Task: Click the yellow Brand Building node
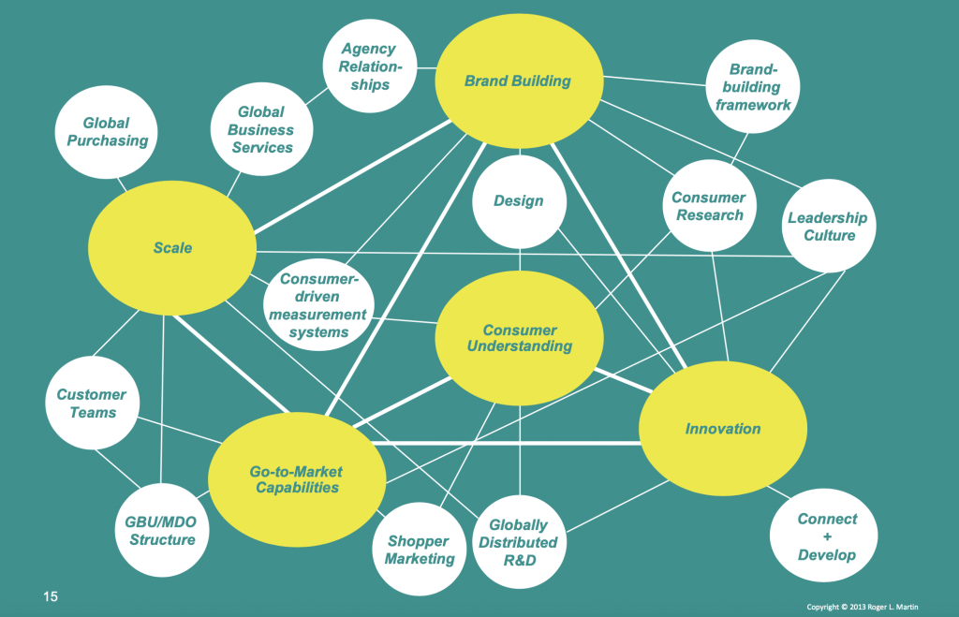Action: click(x=517, y=81)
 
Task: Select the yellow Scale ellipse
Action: click(x=172, y=247)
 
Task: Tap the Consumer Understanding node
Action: click(x=519, y=338)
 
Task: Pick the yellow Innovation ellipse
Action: click(x=722, y=429)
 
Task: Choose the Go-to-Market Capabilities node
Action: click(x=295, y=479)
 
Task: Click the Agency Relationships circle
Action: click(x=368, y=66)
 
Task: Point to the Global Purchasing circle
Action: click(x=105, y=132)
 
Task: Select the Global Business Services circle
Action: click(x=259, y=129)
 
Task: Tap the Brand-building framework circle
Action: click(x=753, y=87)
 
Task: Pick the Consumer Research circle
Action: click(x=709, y=206)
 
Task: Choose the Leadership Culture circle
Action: click(x=827, y=227)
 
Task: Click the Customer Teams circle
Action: click(x=92, y=404)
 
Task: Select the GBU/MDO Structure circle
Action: click(x=160, y=530)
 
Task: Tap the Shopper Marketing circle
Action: click(x=419, y=550)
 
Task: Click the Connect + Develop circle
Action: click(x=826, y=536)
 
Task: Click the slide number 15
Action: click(x=49, y=595)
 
